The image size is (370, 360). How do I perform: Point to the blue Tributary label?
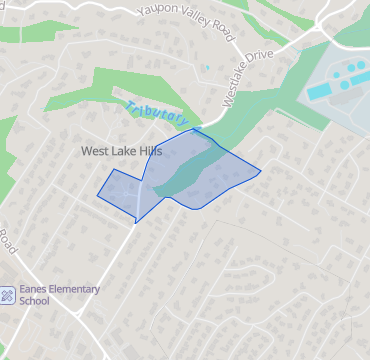click(x=156, y=114)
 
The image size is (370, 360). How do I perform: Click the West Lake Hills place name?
click(x=121, y=151)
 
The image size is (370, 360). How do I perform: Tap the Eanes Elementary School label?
click(x=59, y=295)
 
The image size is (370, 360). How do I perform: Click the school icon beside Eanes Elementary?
click(x=8, y=295)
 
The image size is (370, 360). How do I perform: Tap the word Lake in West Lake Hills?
click(x=121, y=151)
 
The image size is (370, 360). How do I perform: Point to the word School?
click(x=35, y=301)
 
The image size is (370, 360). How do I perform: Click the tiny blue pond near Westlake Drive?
click(x=207, y=67)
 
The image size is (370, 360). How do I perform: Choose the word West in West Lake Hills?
click(x=94, y=151)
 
